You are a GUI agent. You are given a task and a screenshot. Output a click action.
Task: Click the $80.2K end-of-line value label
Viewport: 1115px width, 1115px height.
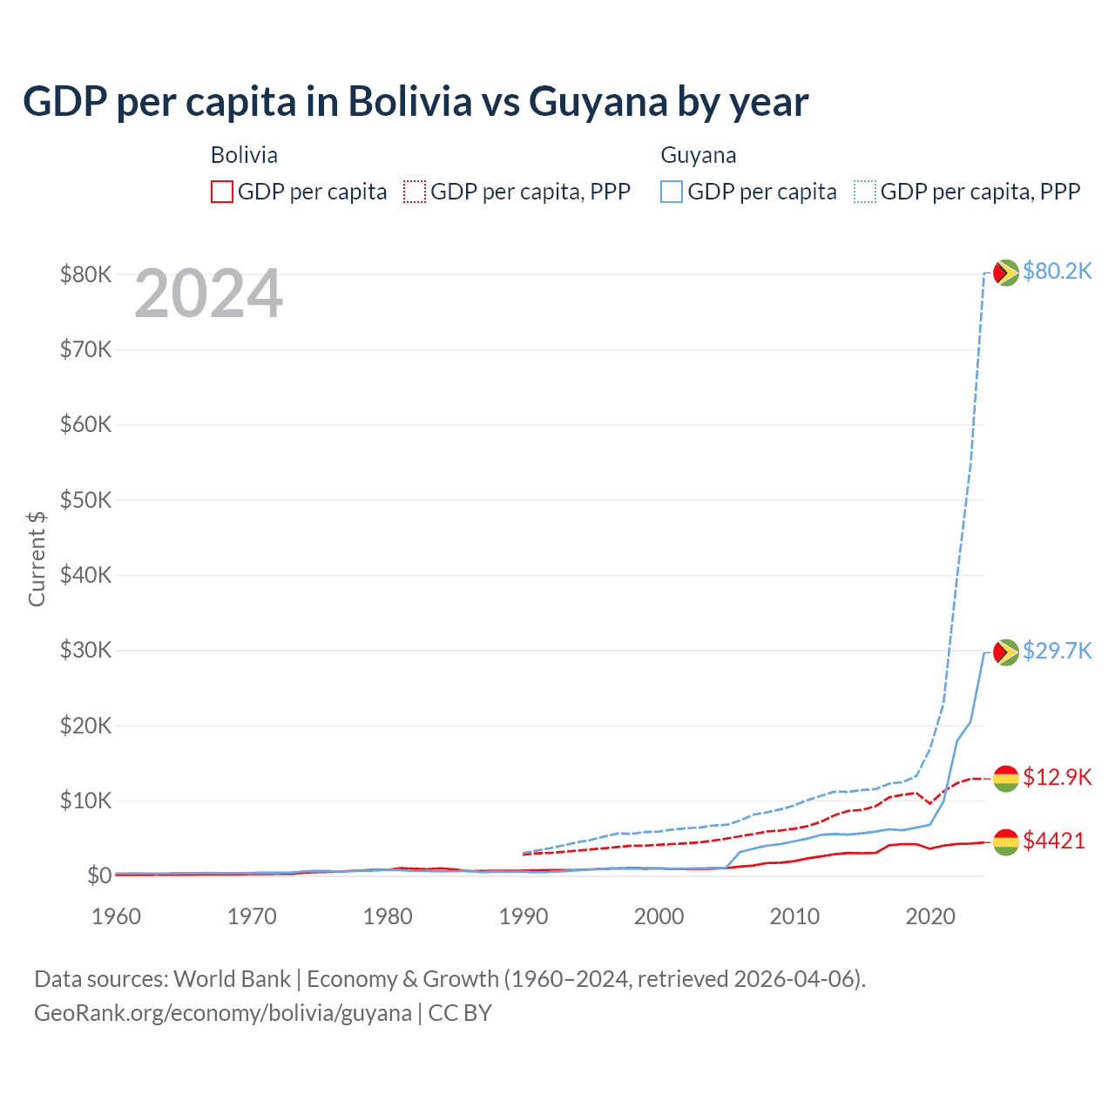[1057, 272]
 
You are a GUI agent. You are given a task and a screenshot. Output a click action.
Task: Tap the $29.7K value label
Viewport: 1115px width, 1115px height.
[1057, 651]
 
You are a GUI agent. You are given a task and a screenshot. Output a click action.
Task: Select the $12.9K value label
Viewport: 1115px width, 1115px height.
[1057, 777]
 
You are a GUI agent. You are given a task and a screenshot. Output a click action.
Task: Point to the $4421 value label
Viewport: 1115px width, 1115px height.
[1054, 841]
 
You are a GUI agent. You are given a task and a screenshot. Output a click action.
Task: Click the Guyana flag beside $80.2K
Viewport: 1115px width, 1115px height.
[1006, 273]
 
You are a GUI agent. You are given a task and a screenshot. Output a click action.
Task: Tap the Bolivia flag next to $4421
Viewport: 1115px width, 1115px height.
[1006, 841]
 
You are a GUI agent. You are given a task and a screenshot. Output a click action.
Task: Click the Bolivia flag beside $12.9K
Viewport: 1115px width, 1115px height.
[1006, 778]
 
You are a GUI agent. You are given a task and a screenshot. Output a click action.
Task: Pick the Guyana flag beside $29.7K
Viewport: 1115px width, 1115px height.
[1006, 652]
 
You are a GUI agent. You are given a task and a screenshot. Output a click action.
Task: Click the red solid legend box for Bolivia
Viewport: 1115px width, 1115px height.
[222, 192]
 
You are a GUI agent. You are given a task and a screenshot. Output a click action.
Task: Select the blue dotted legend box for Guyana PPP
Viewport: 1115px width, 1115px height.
[865, 192]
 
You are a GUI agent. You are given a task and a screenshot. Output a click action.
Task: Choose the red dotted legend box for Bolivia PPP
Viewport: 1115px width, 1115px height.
[415, 192]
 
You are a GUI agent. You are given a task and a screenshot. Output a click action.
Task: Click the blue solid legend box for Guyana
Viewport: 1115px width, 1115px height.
[672, 192]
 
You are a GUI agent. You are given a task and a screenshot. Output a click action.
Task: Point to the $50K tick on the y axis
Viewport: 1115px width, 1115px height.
[85, 500]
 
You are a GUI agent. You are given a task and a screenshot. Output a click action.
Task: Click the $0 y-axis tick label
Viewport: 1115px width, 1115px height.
[99, 875]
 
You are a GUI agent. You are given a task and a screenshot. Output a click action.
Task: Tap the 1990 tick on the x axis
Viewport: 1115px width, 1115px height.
[524, 916]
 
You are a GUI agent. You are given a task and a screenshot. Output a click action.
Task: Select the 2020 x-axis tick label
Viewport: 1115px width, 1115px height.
[930, 916]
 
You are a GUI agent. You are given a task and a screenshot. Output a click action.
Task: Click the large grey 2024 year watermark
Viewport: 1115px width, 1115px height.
[209, 294]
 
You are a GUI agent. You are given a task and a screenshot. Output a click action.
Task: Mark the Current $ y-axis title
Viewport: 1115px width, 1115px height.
[37, 558]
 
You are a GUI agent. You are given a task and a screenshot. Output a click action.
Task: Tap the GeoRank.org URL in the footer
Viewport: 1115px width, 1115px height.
[223, 1013]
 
